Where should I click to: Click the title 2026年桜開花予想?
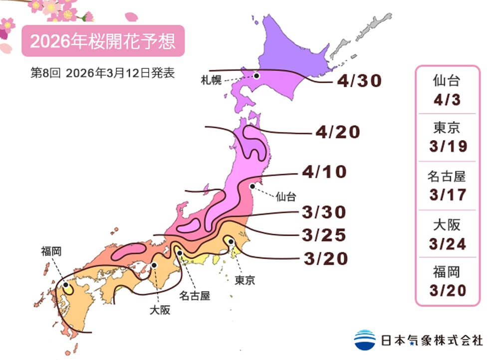(x=103, y=41)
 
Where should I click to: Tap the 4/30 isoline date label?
(x=359, y=81)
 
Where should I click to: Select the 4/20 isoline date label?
(x=338, y=133)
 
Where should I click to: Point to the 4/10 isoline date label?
(x=324, y=173)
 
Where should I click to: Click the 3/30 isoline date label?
(x=324, y=212)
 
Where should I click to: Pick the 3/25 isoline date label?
(x=324, y=234)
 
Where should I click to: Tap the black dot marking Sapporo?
(x=256, y=76)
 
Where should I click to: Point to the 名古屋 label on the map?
(x=195, y=296)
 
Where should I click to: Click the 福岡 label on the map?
(x=51, y=251)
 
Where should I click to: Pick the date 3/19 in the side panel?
(x=447, y=147)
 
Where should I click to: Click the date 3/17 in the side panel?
(x=447, y=194)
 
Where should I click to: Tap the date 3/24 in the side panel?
(x=447, y=243)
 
